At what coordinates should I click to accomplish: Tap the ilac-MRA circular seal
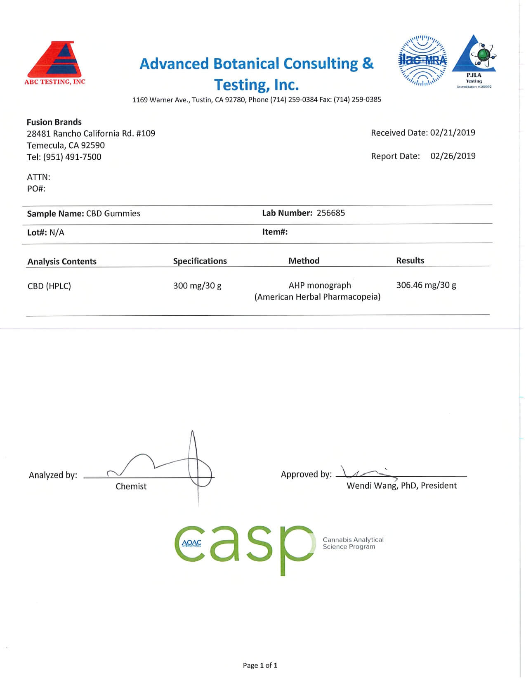pos(422,61)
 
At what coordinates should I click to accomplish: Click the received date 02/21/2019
pos(453,133)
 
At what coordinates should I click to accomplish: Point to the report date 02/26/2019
pos(453,156)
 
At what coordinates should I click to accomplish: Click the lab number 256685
pos(331,213)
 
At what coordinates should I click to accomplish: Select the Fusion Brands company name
pos(54,122)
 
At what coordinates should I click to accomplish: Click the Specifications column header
pos(200,261)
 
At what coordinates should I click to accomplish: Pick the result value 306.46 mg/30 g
pos(426,285)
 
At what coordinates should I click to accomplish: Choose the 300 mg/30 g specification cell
pos(197,286)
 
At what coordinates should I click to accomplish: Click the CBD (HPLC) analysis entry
pos(49,286)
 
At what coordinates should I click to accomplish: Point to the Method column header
pos(304,261)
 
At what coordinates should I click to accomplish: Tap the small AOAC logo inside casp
pos(192,543)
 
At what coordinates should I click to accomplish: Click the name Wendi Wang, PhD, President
pos(401,486)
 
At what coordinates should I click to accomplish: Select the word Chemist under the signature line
pos(131,487)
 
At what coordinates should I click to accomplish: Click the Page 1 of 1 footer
pos(260,665)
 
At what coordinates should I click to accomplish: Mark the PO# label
pos(36,189)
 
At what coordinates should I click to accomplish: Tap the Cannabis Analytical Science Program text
pos(353,543)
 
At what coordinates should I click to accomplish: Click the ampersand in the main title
pos(368,64)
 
